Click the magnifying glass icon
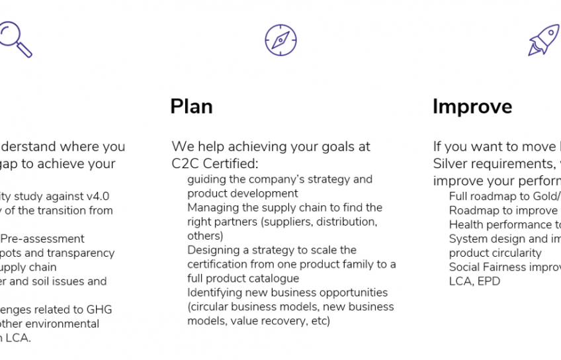[x=15, y=38]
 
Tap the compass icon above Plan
[x=280, y=39]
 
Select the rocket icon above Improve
[x=544, y=40]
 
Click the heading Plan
[x=191, y=107]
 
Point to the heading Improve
[x=472, y=107]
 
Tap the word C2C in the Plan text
[x=185, y=163]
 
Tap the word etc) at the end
[x=317, y=321]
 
